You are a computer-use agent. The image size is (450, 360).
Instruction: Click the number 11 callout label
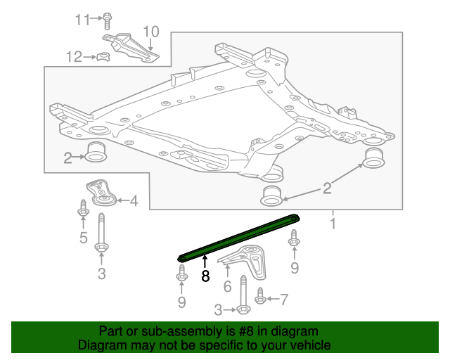click(84, 19)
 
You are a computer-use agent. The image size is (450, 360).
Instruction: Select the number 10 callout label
click(151, 31)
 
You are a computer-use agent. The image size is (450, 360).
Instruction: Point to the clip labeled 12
click(103, 56)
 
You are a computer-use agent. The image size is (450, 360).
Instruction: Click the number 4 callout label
click(133, 202)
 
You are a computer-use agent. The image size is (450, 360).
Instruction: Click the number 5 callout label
click(84, 238)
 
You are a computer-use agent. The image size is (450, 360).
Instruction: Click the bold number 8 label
click(205, 276)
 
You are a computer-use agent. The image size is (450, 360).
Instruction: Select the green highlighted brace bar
click(239, 237)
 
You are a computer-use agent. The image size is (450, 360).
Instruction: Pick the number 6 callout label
click(227, 286)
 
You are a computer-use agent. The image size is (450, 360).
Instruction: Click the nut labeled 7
click(260, 299)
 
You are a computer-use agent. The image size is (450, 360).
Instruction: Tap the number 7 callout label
click(284, 300)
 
